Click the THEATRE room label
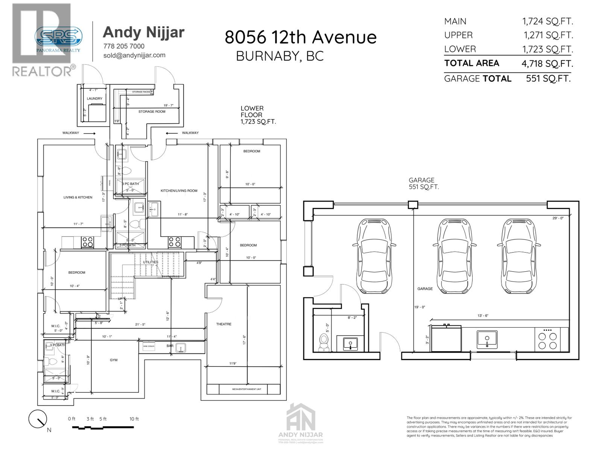[x=223, y=324]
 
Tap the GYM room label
[x=114, y=360]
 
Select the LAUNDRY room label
[x=94, y=99]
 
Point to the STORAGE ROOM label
[x=152, y=112]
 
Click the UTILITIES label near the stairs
[x=150, y=262]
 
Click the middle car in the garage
[x=454, y=256]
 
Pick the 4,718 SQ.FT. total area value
[x=547, y=64]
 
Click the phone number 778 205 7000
[x=124, y=46]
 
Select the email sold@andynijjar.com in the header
[x=134, y=55]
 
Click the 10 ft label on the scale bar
[x=134, y=419]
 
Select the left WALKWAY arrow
[x=89, y=133]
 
